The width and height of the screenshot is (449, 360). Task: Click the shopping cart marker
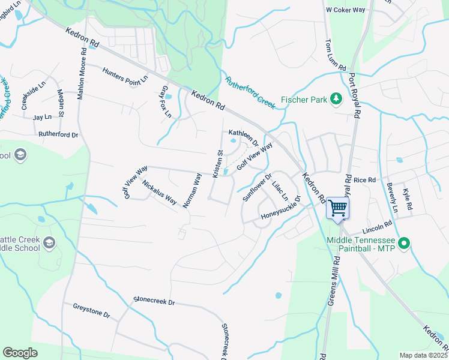coord(338,208)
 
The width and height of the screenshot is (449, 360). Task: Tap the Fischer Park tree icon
coord(337,98)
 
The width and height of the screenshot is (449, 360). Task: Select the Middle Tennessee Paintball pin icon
coord(405,243)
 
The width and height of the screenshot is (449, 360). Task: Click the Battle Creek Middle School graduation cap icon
coord(49,243)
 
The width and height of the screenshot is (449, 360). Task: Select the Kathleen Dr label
coord(243,139)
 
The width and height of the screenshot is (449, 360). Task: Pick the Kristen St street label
coord(218,163)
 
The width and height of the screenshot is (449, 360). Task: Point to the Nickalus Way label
coord(159,191)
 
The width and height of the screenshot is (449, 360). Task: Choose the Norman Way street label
coord(192,191)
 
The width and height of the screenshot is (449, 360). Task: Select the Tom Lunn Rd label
coord(336,55)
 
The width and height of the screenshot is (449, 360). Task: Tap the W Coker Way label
coord(345,10)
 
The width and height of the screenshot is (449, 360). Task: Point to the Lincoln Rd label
coord(377,227)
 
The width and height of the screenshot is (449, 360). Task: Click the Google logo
coord(20,352)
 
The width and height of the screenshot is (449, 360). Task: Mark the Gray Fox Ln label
coord(166,101)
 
